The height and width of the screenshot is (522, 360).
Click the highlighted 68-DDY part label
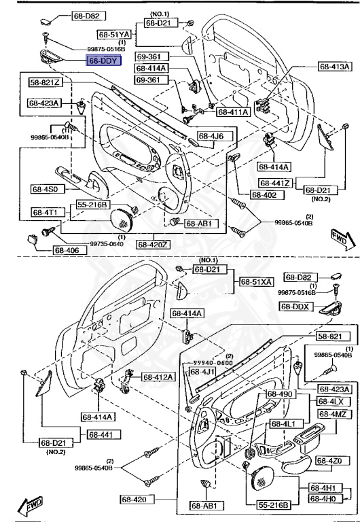coord(103,60)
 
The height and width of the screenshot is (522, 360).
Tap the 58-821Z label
coord(45,83)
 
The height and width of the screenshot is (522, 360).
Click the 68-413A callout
coord(336,67)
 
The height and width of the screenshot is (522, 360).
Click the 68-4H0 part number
coord(325,499)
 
